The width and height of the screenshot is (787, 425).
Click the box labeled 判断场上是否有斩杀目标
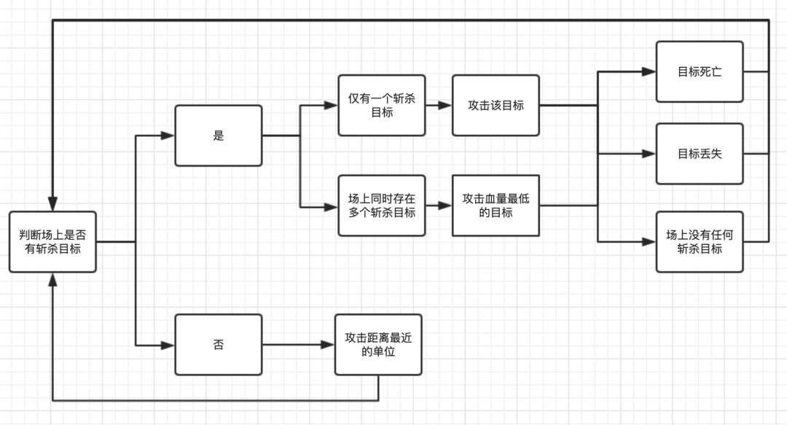[x=52, y=241]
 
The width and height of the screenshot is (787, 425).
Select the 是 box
[x=218, y=136]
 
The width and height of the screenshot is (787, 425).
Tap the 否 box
[x=218, y=344]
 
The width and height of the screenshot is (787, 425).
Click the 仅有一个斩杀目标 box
[x=382, y=105]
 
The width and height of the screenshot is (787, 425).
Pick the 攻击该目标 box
[x=496, y=105]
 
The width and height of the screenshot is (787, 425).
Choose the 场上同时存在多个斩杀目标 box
[x=382, y=206]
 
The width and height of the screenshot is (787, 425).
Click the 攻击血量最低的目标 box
[x=496, y=206]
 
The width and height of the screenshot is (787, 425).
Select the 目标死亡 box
[x=699, y=71]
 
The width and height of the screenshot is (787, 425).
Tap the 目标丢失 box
[x=699, y=154]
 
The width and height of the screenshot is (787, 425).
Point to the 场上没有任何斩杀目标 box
[x=699, y=241]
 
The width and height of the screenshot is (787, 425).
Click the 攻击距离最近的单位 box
[x=378, y=344]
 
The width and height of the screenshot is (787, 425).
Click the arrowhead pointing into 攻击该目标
[x=445, y=105]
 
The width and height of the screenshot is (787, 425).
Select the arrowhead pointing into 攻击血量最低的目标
[x=445, y=206]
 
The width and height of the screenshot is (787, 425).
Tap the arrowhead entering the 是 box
[x=168, y=136]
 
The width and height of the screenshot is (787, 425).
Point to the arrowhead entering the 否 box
[x=168, y=344]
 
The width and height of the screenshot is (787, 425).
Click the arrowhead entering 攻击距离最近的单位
[x=329, y=344]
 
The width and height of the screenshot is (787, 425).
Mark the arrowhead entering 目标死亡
[x=649, y=71]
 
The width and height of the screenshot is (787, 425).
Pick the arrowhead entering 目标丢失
[x=649, y=154]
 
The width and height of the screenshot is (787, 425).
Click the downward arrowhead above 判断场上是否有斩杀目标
[x=52, y=204]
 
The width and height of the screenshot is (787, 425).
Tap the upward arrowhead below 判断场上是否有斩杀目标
[x=52, y=279]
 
